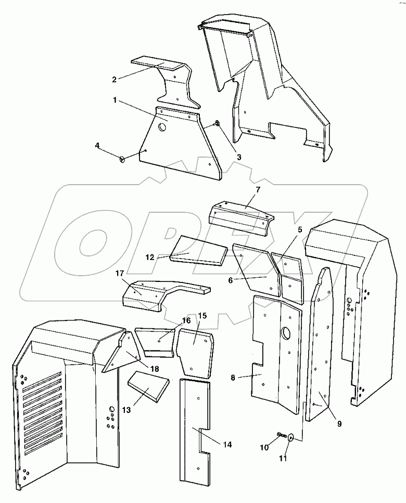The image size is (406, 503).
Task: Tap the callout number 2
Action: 114,79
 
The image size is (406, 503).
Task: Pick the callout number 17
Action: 120,273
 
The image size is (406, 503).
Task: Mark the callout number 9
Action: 339,423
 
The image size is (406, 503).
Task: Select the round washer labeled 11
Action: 290,437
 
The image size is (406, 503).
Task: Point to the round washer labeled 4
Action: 123,159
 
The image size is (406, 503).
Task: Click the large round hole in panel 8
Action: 285,332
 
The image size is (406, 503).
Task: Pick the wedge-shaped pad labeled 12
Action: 200,250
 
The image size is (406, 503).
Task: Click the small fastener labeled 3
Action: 217,123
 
